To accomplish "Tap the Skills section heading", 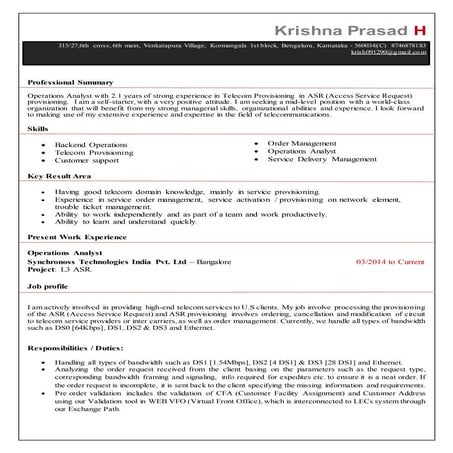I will [38, 129].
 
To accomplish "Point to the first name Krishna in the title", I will [304, 19].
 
